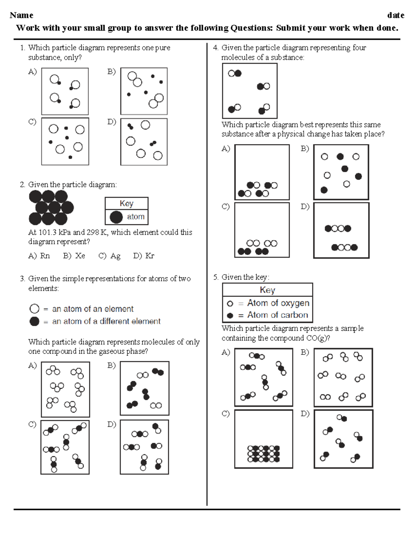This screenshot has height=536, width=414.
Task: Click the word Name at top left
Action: (x=21, y=15)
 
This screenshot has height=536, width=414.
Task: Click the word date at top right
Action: (x=395, y=15)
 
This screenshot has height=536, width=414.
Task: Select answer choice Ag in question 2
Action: (x=115, y=256)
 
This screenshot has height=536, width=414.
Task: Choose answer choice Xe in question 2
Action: (x=80, y=256)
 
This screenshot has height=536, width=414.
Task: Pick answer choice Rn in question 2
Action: (x=45, y=256)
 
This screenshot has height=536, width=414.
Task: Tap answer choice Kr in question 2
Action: (x=149, y=256)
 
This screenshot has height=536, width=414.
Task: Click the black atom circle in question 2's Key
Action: (x=116, y=217)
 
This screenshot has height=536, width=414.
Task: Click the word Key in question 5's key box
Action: (x=267, y=290)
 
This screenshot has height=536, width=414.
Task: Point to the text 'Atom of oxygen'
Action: (x=278, y=303)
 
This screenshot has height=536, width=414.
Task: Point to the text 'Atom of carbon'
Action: (x=277, y=315)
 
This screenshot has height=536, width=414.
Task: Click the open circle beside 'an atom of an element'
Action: (x=34, y=309)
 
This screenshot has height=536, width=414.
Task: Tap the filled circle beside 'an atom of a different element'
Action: (x=34, y=321)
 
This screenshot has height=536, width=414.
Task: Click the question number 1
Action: (x=22, y=48)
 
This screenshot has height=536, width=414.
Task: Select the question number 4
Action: (x=215, y=48)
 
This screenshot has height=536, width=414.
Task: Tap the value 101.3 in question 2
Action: (x=46, y=232)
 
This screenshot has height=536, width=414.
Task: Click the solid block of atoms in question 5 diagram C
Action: (x=264, y=454)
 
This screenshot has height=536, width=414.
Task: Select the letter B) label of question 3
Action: (x=111, y=365)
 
